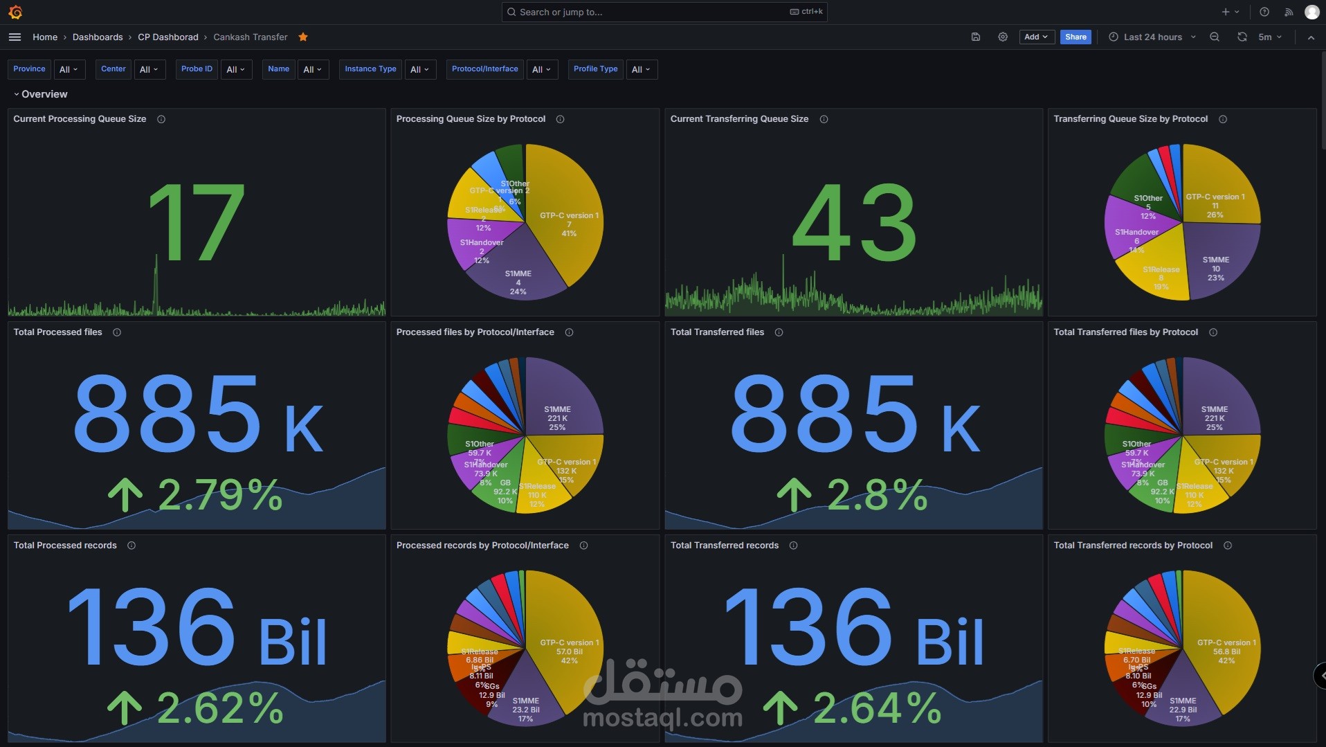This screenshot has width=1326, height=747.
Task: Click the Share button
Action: click(1075, 37)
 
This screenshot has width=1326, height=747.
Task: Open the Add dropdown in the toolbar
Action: click(1035, 37)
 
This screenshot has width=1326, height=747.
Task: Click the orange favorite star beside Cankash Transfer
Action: click(303, 37)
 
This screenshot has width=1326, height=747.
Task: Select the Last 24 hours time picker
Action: click(1152, 37)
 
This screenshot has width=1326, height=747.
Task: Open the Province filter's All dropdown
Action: click(68, 69)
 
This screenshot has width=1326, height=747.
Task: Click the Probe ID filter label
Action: click(197, 69)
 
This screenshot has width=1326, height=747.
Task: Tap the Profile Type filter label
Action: click(595, 69)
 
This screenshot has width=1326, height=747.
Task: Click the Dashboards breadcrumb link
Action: click(98, 37)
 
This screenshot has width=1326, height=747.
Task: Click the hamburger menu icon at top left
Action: click(15, 37)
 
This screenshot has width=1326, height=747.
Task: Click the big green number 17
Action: click(197, 223)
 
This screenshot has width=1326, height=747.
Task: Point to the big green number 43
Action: click(854, 223)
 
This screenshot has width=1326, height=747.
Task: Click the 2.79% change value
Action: click(220, 494)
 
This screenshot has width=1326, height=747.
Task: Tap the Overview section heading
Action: click(44, 94)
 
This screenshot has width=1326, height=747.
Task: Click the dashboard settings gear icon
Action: click(1002, 37)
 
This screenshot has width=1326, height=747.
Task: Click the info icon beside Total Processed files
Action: click(117, 332)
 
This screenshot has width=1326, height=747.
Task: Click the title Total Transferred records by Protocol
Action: click(1132, 546)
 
